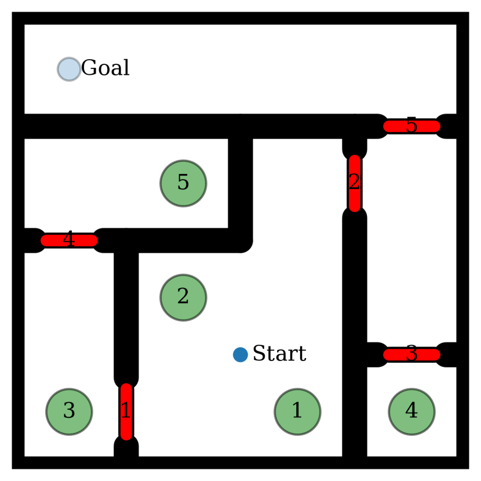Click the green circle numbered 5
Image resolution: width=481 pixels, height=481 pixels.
tap(183, 183)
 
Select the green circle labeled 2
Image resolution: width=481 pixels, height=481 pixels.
tap(183, 297)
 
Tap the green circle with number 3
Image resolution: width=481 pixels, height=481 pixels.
tap(69, 411)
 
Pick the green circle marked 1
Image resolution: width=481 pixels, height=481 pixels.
tap(297, 411)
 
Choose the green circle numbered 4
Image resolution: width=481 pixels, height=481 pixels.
tap(411, 411)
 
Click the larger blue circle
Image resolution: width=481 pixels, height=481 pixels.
tap(69, 69)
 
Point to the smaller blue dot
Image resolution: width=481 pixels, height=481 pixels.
tap(240, 355)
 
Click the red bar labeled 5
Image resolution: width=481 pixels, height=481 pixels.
tap(411, 126)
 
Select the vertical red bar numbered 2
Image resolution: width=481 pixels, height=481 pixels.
tap(355, 183)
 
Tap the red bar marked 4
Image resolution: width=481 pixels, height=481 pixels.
tap(69, 240)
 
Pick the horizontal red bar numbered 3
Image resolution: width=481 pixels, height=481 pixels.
tap(411, 355)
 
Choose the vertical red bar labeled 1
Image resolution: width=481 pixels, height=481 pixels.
tap(126, 411)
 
